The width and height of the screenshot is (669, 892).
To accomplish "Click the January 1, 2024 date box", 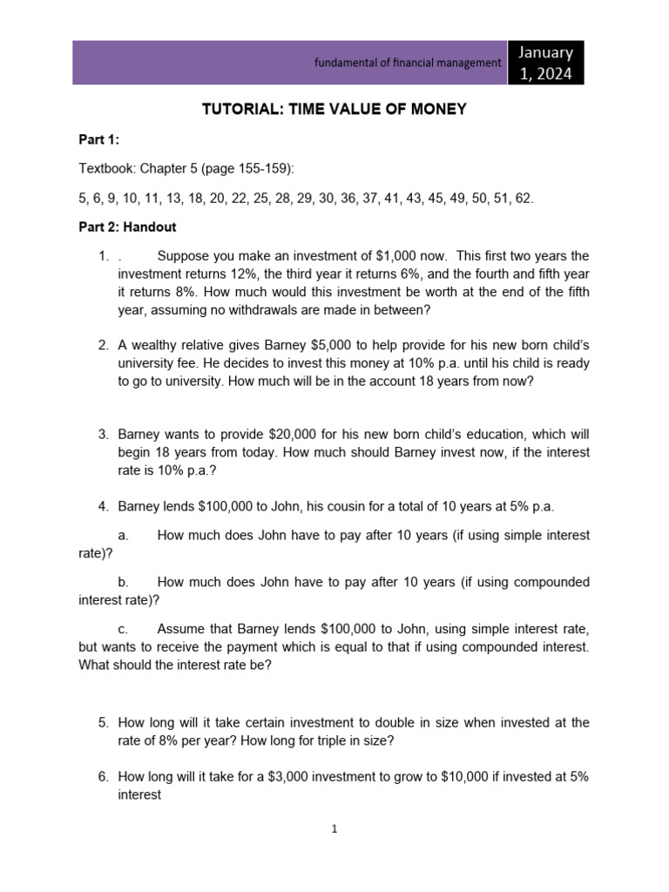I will coord(545,63).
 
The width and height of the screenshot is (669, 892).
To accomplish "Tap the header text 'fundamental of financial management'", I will coord(408,63).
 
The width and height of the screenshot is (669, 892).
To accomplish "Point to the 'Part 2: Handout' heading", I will coord(127,226).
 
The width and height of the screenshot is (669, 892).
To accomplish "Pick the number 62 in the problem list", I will coord(523,198).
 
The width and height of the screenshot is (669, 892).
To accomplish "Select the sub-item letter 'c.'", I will coord(123,629).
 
